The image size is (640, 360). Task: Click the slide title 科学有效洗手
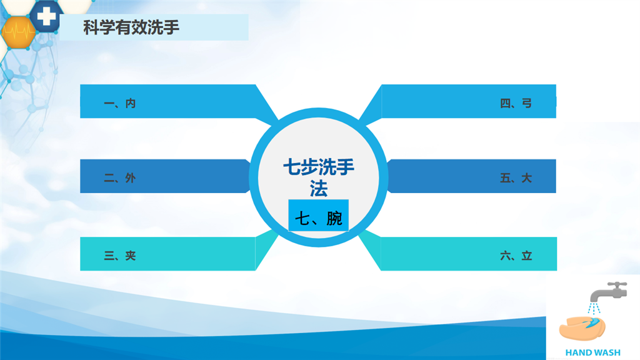click(131, 27)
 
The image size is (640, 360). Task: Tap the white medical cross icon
click(46, 16)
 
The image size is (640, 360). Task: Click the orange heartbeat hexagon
click(18, 32)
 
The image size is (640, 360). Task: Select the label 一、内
click(119, 103)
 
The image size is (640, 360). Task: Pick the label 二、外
click(119, 178)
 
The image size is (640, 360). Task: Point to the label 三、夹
click(119, 256)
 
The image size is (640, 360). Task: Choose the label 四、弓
click(516, 103)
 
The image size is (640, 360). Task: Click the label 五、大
click(516, 178)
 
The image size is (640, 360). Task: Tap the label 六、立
click(516, 256)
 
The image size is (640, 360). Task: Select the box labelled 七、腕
click(318, 216)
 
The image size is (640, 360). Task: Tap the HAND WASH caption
click(592, 352)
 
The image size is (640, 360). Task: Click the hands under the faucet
click(582, 328)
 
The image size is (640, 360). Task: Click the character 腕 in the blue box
click(334, 218)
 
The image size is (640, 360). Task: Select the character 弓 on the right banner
click(527, 103)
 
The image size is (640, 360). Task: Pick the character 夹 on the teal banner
click(131, 256)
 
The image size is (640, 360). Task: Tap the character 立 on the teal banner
click(527, 256)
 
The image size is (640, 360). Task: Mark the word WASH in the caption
click(607, 352)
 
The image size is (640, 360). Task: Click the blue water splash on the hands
click(594, 323)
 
